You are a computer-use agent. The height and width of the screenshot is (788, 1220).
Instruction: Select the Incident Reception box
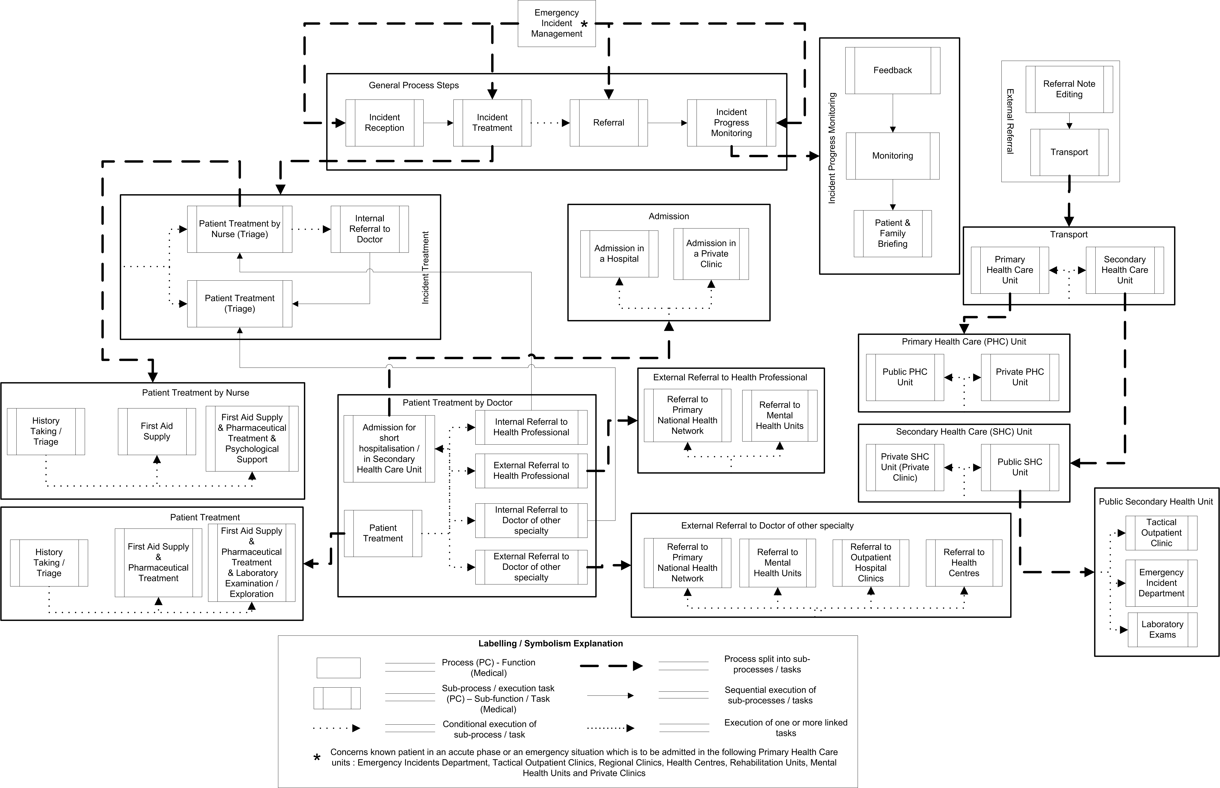pyautogui.click(x=384, y=123)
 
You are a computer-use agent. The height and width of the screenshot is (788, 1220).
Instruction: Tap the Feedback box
pyautogui.click(x=892, y=71)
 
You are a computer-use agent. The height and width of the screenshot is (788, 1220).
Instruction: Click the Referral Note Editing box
pyautogui.click(x=1069, y=89)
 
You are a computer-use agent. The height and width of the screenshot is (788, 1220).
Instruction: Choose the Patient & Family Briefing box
pyautogui.click(x=892, y=233)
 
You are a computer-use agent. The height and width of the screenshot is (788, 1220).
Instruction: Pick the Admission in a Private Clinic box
pyautogui.click(x=711, y=254)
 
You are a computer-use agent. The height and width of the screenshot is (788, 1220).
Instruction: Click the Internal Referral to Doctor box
pyautogui.click(x=369, y=229)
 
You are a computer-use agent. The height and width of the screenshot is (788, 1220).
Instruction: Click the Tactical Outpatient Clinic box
pyautogui.click(x=1161, y=533)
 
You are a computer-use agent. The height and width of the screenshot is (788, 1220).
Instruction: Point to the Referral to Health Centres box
pyautogui.click(x=964, y=563)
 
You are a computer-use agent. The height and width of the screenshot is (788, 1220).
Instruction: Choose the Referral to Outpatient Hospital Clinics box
pyautogui.click(x=870, y=563)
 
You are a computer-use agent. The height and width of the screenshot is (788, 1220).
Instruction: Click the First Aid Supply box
pyautogui.click(x=157, y=431)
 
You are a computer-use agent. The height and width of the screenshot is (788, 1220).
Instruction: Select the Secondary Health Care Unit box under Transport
pyautogui.click(x=1125, y=270)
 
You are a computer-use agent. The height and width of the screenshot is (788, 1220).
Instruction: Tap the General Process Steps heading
pyautogui.click(x=414, y=85)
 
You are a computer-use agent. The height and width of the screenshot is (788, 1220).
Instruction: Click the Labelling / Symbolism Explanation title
pyautogui.click(x=551, y=644)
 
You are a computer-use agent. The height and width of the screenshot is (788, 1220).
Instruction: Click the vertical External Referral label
pyautogui.click(x=1010, y=121)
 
